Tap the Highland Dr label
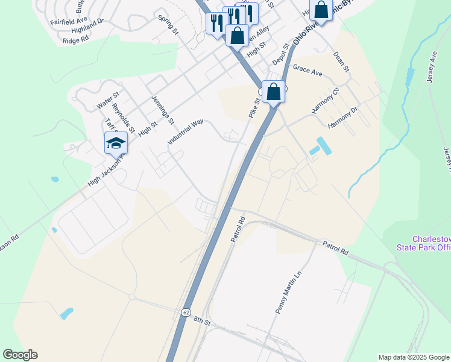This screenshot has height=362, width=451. (87, 30)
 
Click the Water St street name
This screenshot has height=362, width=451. (109, 100)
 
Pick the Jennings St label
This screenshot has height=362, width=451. (163, 110)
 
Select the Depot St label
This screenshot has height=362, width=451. (281, 53)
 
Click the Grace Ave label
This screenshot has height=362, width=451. (307, 70)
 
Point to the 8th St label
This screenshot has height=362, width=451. (201, 322)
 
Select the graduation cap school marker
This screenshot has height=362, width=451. (116, 144)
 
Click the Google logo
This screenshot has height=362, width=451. (20, 354)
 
